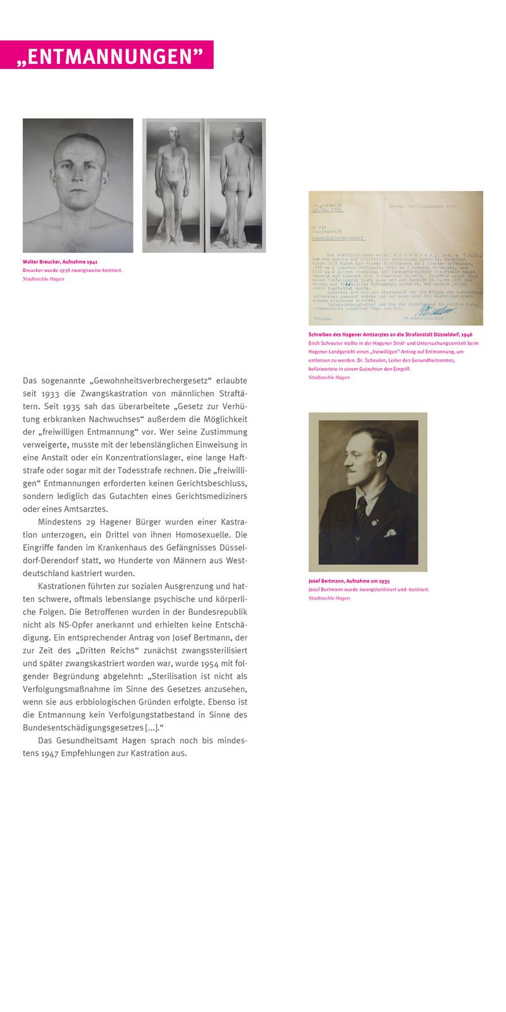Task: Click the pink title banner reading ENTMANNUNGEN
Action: point(107,55)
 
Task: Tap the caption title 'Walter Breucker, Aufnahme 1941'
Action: point(60,261)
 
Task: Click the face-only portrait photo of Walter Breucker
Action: point(78,185)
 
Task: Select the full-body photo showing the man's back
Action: point(237,185)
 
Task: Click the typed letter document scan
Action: point(395,257)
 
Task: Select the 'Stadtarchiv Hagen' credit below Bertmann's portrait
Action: point(329,598)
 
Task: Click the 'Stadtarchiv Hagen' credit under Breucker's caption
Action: point(43,279)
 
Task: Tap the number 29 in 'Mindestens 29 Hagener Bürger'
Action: point(89,522)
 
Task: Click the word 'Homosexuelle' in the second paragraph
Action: point(194,535)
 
